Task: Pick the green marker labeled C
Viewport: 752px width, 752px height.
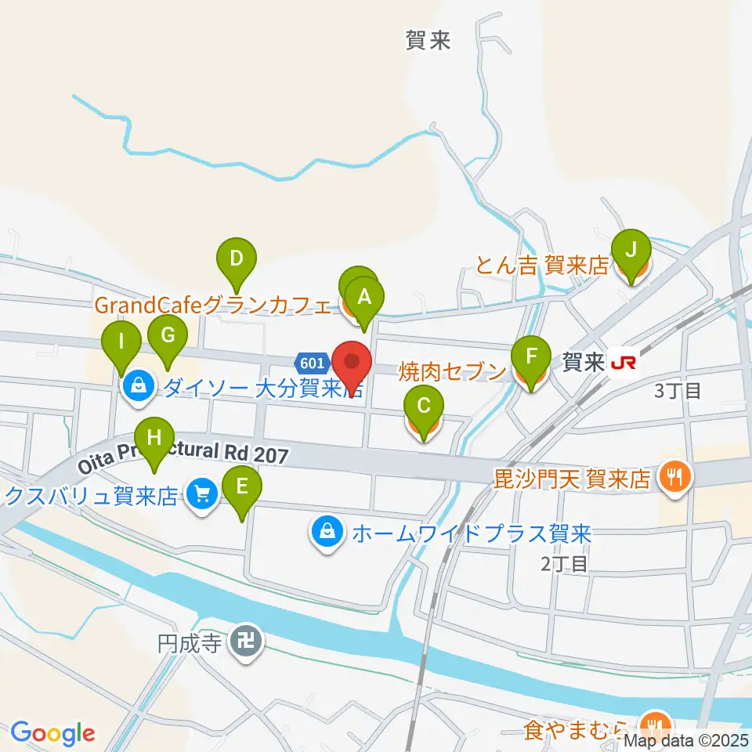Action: [424, 406]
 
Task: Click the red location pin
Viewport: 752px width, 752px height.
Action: [352, 362]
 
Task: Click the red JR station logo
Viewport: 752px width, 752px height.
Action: [624, 363]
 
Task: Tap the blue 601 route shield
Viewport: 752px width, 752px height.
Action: [311, 363]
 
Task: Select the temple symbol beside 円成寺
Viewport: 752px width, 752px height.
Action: [249, 644]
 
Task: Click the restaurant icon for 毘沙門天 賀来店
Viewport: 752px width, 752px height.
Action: [673, 475]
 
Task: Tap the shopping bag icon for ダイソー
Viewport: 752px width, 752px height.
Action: [138, 385]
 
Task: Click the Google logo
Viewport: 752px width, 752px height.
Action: [52, 733]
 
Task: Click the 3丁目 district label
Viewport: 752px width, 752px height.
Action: [678, 390]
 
